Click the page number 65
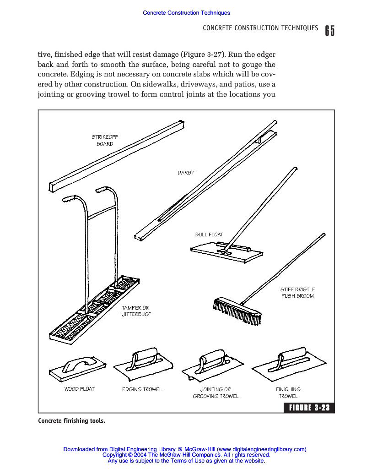click(329, 30)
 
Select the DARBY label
click(186, 173)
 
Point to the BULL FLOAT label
click(209, 234)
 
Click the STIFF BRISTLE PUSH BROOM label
click(297, 293)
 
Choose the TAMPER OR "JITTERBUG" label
click(135, 311)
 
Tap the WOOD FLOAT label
click(79, 389)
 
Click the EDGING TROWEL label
click(142, 389)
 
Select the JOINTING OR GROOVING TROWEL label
click(216, 393)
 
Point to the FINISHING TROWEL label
click(288, 393)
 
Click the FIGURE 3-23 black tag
click(309, 408)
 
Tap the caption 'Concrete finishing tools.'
click(71, 420)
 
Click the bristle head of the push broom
click(236, 311)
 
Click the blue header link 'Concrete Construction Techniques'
click(186, 13)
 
